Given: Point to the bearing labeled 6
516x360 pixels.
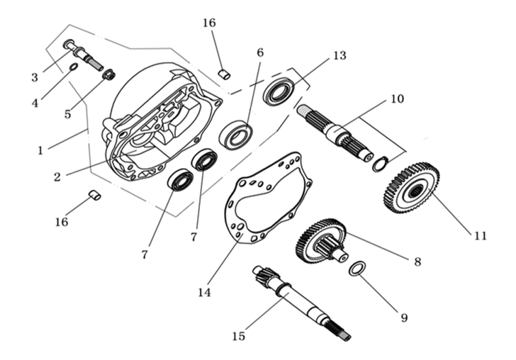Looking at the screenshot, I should [235, 136].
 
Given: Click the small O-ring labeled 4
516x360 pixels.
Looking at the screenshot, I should [73, 67].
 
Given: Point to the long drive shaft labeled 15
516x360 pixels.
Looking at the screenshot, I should [300, 300].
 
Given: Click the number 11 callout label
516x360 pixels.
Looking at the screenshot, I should [479, 236].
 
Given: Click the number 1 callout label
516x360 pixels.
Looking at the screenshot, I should [40, 150].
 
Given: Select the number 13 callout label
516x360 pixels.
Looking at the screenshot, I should [340, 56].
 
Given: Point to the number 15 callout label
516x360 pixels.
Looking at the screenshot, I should [238, 337].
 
